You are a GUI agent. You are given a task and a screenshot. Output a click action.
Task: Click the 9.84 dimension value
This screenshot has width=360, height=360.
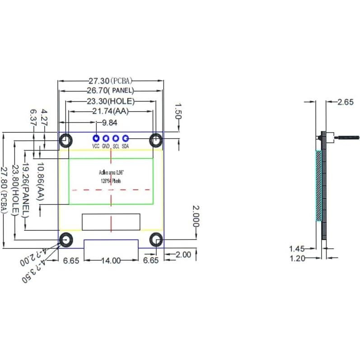click(110, 122)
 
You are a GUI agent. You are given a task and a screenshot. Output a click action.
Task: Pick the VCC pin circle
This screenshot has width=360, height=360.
click(96, 139)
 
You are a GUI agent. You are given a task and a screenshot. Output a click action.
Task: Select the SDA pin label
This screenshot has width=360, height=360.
click(126, 146)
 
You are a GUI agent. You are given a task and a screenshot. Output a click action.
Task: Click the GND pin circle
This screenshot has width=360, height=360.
click(106, 139)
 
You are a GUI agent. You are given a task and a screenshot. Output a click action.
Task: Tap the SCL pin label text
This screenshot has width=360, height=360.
click(116, 146)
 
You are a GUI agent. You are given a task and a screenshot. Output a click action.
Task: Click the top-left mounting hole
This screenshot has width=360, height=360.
click(66, 140)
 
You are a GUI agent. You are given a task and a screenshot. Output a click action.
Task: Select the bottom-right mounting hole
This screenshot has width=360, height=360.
click(156, 239)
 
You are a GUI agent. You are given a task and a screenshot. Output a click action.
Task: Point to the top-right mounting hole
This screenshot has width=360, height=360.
click(156, 140)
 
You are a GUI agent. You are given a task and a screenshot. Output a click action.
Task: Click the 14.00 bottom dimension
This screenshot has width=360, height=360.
click(111, 260)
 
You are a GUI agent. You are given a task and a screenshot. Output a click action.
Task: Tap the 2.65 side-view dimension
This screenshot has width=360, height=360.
click(346, 102)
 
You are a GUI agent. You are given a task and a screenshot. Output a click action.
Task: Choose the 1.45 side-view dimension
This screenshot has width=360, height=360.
click(296, 248)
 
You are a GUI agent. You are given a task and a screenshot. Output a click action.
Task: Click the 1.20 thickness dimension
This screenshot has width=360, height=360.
click(296, 258)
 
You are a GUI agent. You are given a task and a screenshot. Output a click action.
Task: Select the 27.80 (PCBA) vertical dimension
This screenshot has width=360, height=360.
click(5, 190)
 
